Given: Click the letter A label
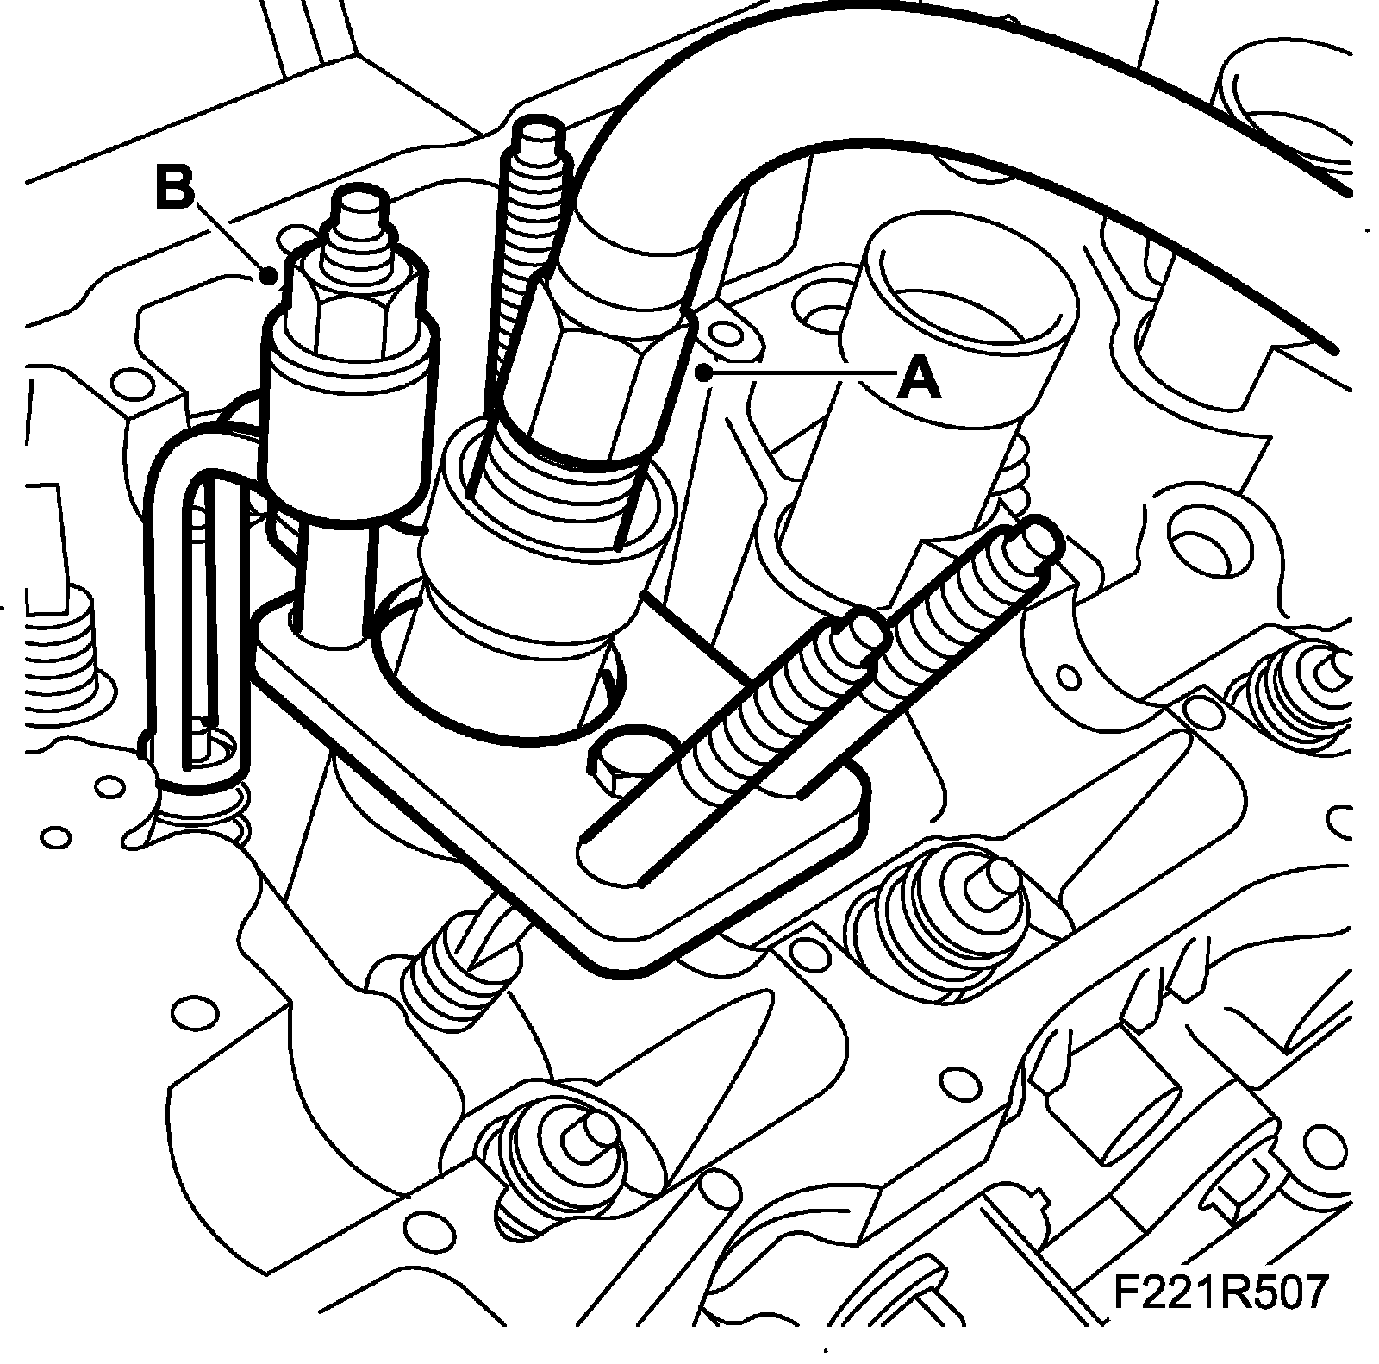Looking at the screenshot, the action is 920,379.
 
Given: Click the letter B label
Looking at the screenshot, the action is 175,188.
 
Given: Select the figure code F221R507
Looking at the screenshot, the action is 1217,1292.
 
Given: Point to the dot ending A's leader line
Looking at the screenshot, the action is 704,372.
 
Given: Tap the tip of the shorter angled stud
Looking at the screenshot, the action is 864,628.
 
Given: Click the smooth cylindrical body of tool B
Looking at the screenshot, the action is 345,431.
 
